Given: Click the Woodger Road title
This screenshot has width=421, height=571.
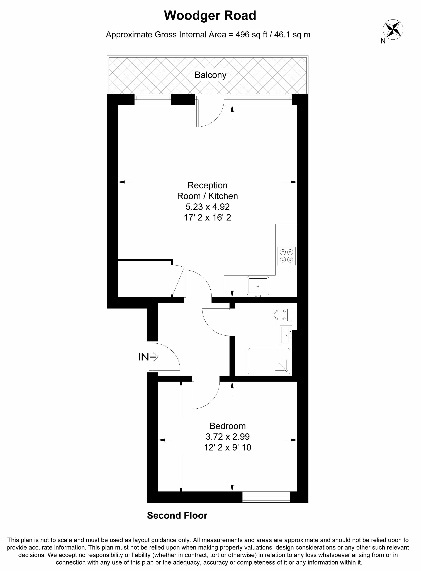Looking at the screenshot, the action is click(x=210, y=16).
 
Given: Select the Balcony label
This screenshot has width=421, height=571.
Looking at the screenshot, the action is click(x=210, y=75).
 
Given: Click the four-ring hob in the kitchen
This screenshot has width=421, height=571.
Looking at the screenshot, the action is click(x=286, y=256).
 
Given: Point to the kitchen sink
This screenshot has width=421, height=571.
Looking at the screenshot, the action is click(x=258, y=286).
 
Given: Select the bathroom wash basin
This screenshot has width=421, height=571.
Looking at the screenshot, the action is click(x=286, y=335).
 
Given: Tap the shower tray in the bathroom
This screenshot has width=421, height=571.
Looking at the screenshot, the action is click(x=269, y=361).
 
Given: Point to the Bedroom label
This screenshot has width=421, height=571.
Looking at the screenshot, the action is click(x=228, y=426).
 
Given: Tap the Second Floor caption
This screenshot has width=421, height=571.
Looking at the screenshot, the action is click(x=177, y=515).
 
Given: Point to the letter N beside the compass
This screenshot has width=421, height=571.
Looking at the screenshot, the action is click(x=383, y=41).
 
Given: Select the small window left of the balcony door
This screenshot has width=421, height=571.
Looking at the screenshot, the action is click(x=152, y=100).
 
